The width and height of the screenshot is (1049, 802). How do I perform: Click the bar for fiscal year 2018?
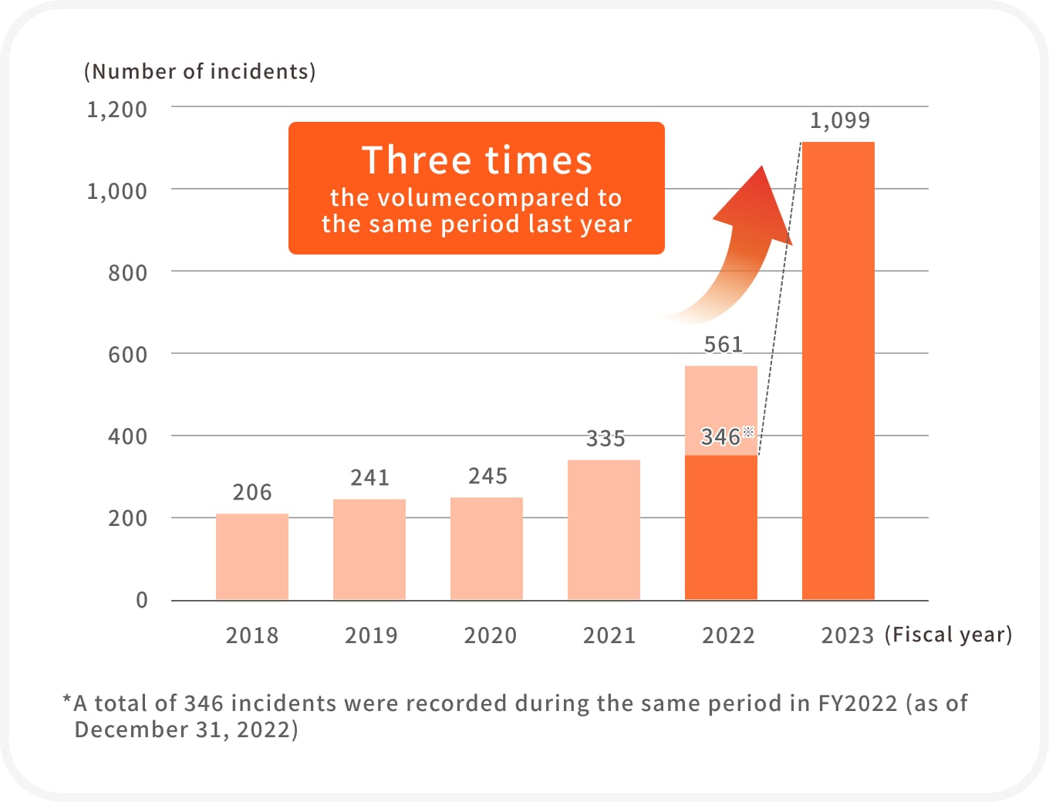[252, 557]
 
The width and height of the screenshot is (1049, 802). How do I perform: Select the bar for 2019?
[369, 549]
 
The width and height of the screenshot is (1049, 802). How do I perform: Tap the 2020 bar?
[487, 548]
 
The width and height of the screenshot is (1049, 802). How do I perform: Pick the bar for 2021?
[604, 530]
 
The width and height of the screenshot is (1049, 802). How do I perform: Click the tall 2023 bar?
[838, 370]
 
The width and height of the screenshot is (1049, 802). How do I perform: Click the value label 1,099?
[839, 120]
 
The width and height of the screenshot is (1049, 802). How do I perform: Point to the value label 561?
[723, 344]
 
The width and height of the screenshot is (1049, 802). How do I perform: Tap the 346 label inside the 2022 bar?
[720, 437]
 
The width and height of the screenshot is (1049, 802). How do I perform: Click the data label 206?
[252, 492]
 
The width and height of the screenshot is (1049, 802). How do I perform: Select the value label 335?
[605, 438]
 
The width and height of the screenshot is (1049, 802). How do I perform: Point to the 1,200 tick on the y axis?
[116, 110]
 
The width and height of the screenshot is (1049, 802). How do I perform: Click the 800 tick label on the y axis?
[127, 273]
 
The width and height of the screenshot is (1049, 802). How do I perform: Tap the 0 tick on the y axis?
[142, 600]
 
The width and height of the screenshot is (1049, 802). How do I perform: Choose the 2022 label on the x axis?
[728, 635]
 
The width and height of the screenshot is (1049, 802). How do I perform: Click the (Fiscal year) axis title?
[948, 635]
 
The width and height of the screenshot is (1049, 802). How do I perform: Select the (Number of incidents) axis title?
[200, 72]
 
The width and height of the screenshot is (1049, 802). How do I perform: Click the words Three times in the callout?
[477, 160]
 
